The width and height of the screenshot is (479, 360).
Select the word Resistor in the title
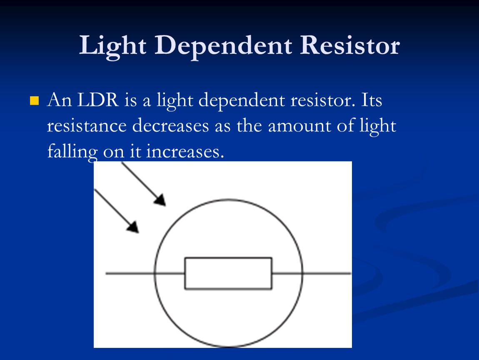[x=350, y=45]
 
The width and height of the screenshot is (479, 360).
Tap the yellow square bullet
[x=35, y=100]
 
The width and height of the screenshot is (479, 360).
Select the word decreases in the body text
[x=170, y=125]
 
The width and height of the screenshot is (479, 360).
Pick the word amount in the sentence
[x=299, y=126]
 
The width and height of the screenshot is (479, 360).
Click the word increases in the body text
[x=185, y=152]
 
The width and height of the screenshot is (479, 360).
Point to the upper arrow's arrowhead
[x=160, y=200]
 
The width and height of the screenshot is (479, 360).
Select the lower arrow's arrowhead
[x=133, y=227]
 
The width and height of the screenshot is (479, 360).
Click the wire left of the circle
[x=130, y=273]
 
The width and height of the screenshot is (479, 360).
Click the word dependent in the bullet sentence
[x=242, y=101]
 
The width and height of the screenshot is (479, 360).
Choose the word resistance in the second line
[x=87, y=126]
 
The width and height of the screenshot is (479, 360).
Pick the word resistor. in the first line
[x=323, y=100]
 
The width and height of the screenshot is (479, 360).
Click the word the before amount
[x=249, y=125]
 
